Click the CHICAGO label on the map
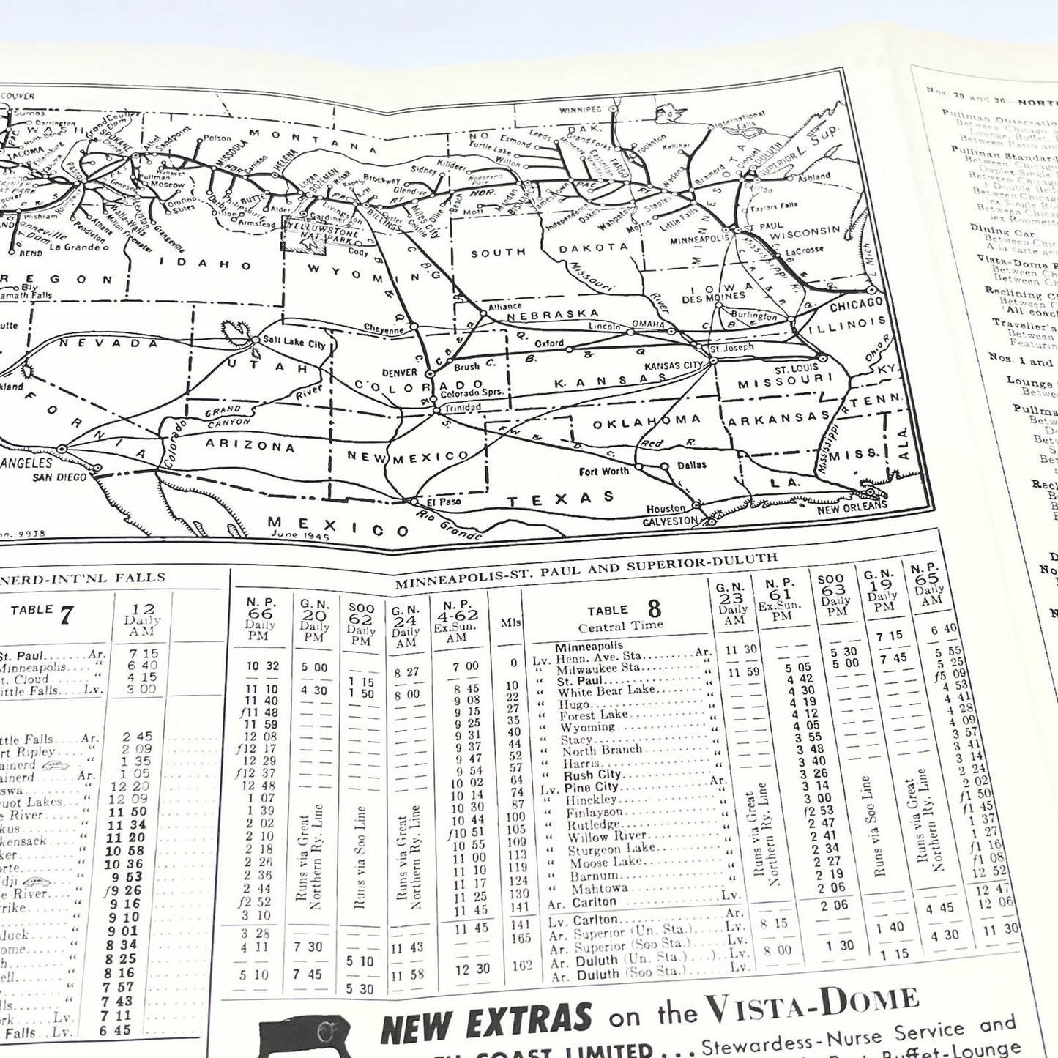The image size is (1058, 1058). click(856, 304)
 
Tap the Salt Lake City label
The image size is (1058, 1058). click(294, 343)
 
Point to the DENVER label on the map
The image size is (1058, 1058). click(399, 372)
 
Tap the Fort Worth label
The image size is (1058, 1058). click(604, 471)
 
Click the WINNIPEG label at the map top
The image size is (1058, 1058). click(580, 110)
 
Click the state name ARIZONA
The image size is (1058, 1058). click(250, 444)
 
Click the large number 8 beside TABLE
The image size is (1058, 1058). click(654, 608)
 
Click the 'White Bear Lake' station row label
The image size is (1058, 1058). click(606, 690)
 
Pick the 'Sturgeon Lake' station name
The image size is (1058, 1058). click(611, 849)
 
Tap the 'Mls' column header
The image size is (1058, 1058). click(511, 622)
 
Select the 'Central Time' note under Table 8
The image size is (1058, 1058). click(621, 627)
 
